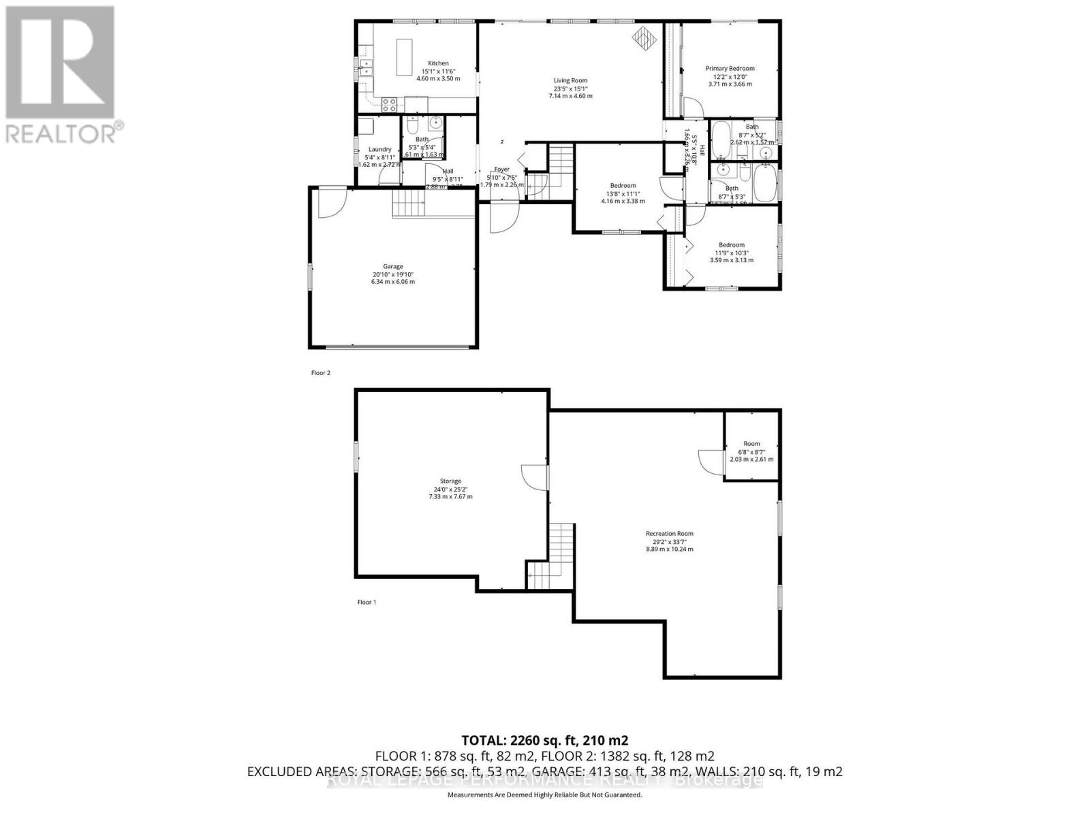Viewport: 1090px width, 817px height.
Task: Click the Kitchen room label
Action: click(438, 63)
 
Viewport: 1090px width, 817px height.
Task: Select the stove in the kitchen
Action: click(390, 105)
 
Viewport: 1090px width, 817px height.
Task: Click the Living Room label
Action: click(570, 81)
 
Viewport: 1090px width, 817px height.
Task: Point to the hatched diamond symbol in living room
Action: click(643, 38)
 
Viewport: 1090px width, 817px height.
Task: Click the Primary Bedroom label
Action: click(730, 69)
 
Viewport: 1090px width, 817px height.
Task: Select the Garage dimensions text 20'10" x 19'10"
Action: click(392, 274)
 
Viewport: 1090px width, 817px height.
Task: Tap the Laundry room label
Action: click(379, 150)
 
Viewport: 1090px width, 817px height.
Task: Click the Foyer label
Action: click(501, 170)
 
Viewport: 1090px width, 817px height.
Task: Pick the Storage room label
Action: click(450, 481)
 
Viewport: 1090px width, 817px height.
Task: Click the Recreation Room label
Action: click(669, 534)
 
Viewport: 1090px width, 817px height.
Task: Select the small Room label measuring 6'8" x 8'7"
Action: click(751, 444)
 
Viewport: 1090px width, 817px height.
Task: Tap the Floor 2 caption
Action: click(320, 373)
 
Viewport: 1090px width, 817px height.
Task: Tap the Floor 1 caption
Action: click(367, 602)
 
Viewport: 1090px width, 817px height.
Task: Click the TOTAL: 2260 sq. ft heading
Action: click(544, 740)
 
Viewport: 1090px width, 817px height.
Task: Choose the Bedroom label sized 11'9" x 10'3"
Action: click(732, 245)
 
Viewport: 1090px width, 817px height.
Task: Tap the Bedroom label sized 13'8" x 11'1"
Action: click(623, 186)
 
